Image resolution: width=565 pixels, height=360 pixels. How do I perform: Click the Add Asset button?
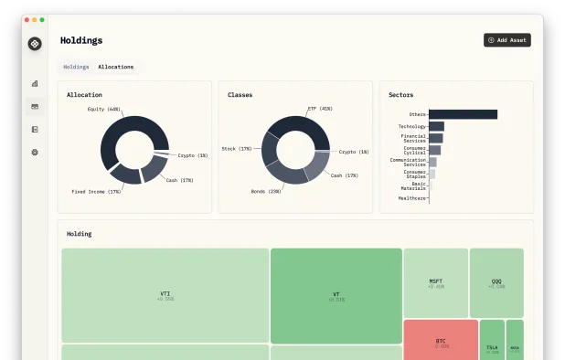[507, 40]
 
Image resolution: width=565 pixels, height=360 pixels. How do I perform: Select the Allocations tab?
[115, 67]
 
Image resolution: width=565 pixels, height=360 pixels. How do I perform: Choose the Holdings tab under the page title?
[76, 67]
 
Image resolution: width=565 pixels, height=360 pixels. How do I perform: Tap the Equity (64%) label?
[104, 109]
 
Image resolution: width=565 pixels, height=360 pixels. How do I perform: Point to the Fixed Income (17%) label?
[96, 192]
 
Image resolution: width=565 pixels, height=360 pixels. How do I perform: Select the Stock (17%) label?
[237, 148]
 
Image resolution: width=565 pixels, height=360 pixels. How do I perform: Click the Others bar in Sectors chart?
[463, 114]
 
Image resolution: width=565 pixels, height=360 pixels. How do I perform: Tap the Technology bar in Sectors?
[436, 126]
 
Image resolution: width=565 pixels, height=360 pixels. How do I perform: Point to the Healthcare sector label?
[412, 197]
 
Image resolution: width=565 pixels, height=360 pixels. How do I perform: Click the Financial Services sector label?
[414, 138]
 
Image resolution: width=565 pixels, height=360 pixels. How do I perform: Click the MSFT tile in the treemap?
[436, 281]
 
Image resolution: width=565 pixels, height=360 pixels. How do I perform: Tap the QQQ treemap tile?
[496, 281]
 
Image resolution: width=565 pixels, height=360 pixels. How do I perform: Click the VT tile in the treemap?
[336, 295]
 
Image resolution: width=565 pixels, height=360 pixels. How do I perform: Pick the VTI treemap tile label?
[165, 294]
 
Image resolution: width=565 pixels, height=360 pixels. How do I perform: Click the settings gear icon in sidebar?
[35, 152]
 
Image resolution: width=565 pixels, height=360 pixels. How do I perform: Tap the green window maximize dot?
[42, 19]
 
